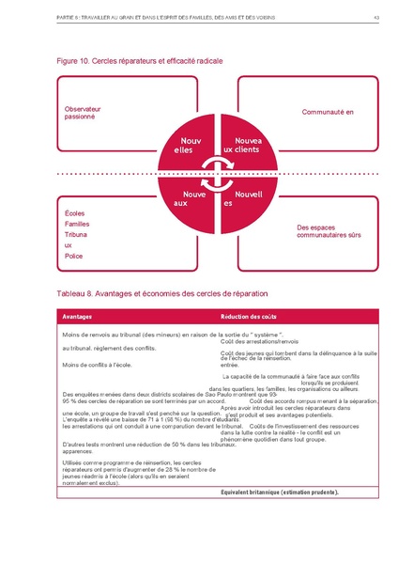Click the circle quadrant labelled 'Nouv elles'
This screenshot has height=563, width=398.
click(x=181, y=146)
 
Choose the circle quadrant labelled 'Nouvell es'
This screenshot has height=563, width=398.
click(x=240, y=199)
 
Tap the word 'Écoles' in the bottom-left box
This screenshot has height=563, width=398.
click(x=74, y=212)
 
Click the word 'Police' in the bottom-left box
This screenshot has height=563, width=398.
click(x=73, y=256)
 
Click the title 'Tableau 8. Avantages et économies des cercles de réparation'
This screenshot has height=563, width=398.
click(x=153, y=292)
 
